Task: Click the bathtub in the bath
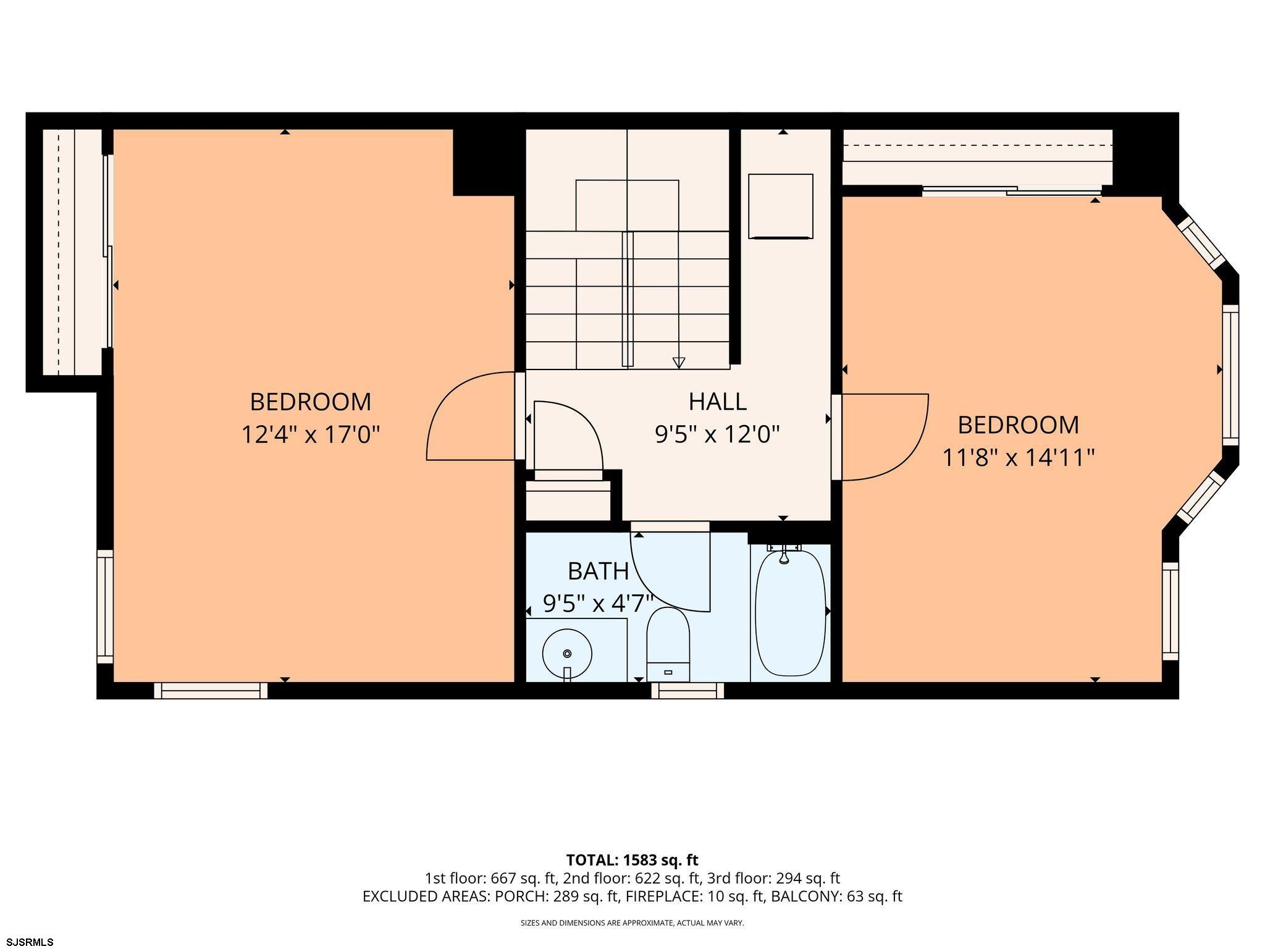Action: point(790,612)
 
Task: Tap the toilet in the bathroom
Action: point(668,644)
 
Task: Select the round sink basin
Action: point(567,653)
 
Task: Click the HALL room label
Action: point(717,402)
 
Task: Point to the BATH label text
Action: point(598,572)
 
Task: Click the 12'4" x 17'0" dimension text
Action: point(310,434)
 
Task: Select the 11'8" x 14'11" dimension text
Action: point(1019,458)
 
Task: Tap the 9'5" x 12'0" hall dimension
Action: point(717,434)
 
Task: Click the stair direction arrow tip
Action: point(679,367)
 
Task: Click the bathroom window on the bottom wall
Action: point(687,690)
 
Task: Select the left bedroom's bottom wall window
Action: point(211,690)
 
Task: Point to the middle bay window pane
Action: point(1230,375)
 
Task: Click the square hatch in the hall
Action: point(781,206)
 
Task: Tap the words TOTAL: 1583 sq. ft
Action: point(632,860)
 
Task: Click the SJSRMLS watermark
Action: point(28,942)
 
